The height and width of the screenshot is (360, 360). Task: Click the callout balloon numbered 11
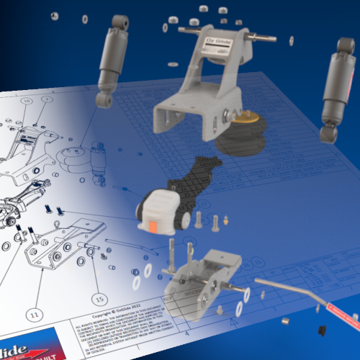33,313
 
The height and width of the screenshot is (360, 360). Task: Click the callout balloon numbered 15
99,297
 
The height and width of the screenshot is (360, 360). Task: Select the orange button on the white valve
154,225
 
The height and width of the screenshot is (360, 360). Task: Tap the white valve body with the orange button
160,209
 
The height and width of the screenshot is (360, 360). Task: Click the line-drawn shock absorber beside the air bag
97,165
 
